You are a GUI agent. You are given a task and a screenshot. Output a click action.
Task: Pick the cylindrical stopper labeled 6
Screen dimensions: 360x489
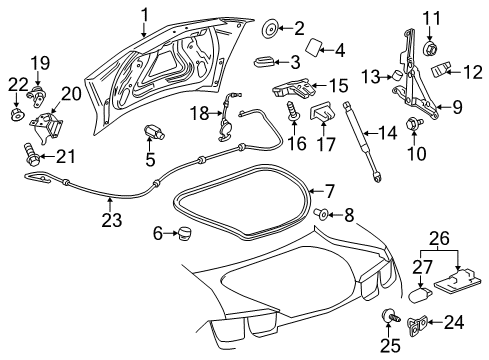tap(181, 233)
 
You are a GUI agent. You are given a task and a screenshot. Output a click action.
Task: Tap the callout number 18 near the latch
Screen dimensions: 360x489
tap(198, 112)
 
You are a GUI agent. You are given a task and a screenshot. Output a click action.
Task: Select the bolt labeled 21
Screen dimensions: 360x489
tap(30, 154)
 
